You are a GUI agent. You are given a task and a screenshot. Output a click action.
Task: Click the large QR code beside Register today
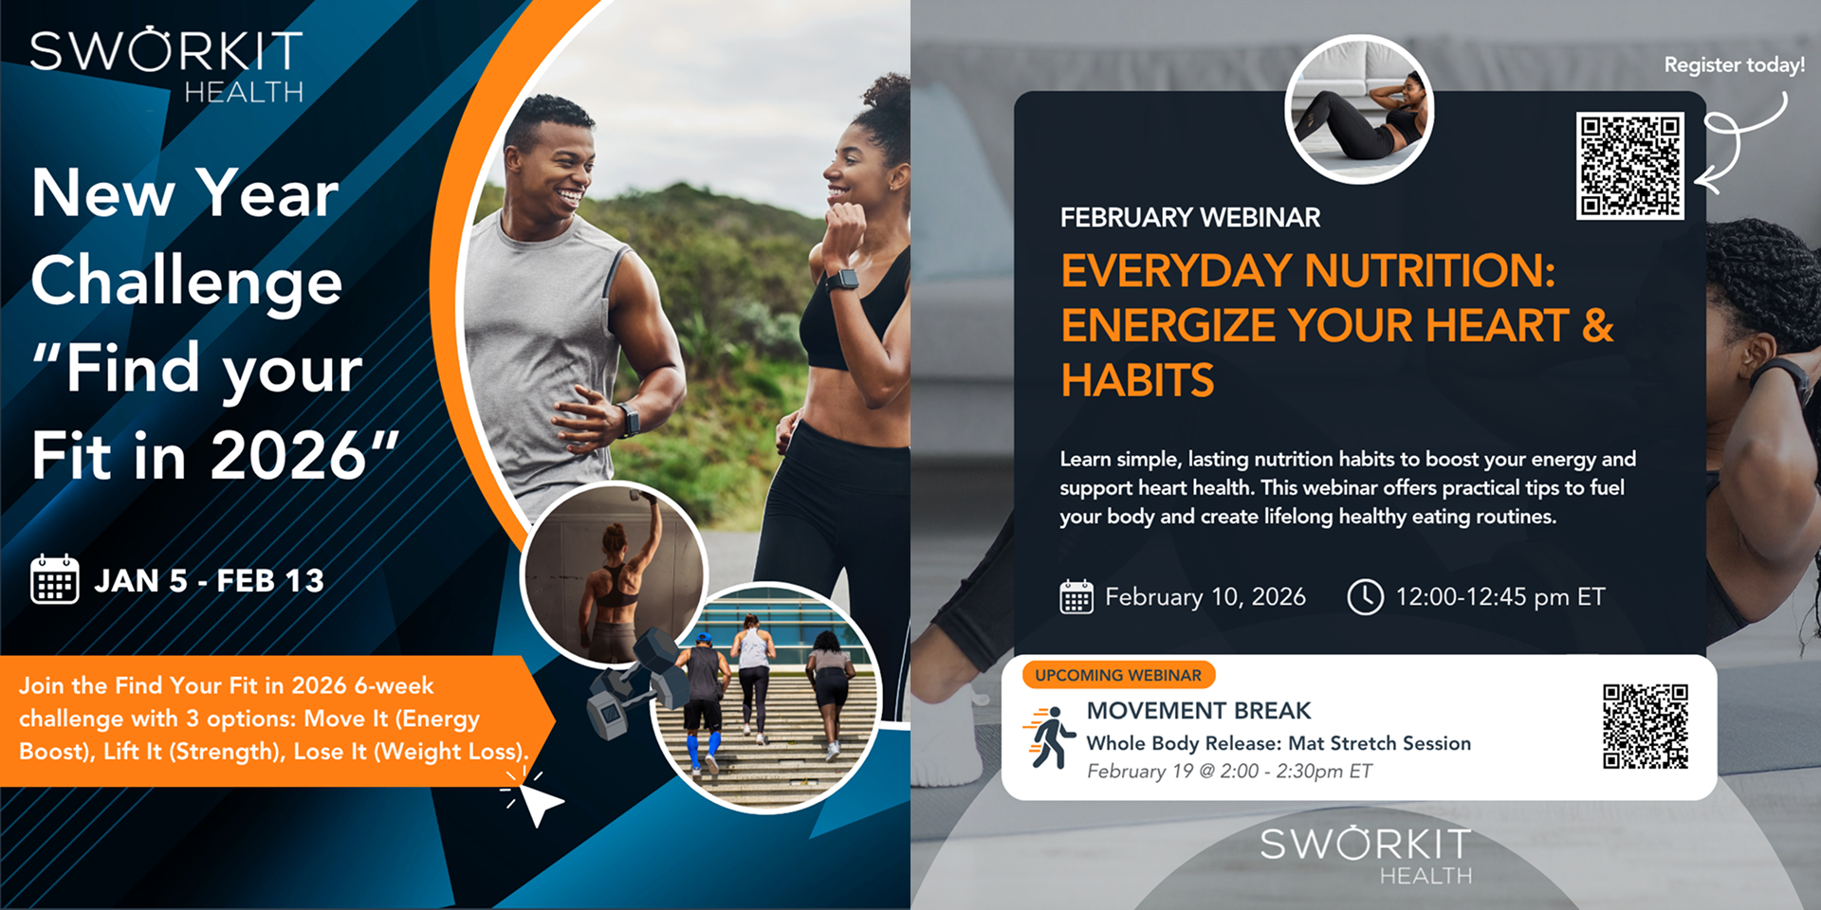point(1629,166)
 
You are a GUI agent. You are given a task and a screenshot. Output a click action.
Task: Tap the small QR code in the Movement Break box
point(1646,726)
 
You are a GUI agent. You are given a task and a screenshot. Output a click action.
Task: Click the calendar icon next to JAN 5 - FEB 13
point(54,579)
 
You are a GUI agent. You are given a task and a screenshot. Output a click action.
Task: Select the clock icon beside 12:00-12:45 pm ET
point(1365,597)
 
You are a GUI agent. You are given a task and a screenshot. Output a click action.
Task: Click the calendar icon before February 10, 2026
point(1076,597)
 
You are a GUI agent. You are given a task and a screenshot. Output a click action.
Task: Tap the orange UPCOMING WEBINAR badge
point(1118,675)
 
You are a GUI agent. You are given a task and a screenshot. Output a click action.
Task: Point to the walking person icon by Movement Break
point(1050,737)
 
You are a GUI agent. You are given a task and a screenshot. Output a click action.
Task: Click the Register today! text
point(1734,65)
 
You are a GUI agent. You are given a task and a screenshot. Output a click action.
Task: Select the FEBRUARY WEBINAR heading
point(1189,218)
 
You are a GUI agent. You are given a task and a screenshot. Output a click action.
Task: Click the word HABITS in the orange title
point(1137,381)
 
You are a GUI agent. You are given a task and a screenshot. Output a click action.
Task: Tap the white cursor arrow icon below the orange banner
point(537,802)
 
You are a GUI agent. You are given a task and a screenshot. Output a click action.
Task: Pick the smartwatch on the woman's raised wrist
point(840,280)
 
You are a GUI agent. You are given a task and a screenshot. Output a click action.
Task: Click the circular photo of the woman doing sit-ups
point(1359,110)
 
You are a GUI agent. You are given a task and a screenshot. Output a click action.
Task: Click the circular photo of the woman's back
point(614,573)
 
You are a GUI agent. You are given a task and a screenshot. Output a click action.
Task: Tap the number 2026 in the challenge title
point(287,456)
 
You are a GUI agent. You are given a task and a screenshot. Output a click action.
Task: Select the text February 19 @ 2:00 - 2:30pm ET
point(1229,772)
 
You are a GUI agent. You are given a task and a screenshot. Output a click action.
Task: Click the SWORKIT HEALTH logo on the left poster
point(167,64)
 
